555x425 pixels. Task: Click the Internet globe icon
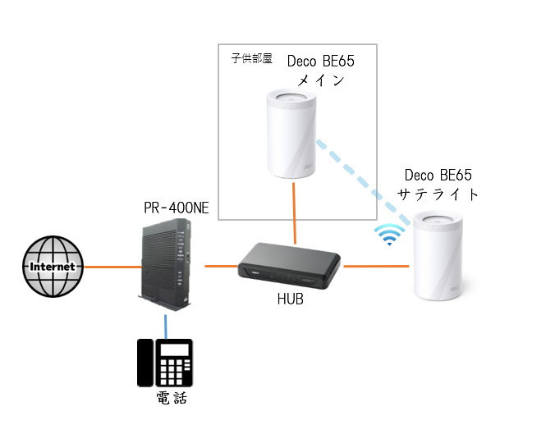[53, 267]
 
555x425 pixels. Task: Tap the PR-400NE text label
[176, 208]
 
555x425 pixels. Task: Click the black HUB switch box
[289, 267]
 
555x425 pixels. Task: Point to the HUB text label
[290, 300]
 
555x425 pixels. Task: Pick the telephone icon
[164, 363]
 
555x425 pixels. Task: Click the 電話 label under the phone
[172, 400]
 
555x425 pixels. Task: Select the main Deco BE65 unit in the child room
[291, 136]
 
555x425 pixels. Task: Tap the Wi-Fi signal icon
[388, 235]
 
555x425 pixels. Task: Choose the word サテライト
[438, 194]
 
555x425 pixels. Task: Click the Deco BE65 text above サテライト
[438, 175]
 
